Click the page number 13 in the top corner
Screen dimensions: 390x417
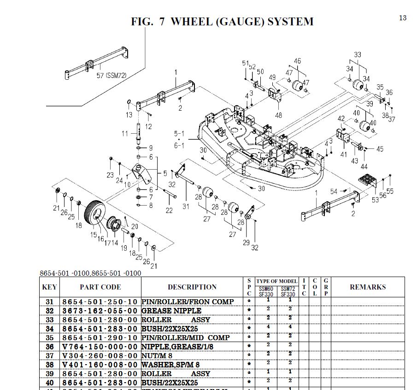click(403, 18)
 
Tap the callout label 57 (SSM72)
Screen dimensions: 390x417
click(111, 76)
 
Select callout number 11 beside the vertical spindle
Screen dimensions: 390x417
click(125, 134)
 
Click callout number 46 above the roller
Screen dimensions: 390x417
click(297, 61)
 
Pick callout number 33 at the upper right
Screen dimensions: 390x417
click(358, 55)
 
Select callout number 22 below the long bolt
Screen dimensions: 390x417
click(169, 210)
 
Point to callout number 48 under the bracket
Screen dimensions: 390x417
click(278, 115)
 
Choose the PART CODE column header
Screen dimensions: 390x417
click(100, 287)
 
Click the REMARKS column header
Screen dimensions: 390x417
click(367, 287)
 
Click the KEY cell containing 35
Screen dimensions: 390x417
click(50, 337)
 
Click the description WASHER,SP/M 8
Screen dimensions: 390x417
click(170, 364)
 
